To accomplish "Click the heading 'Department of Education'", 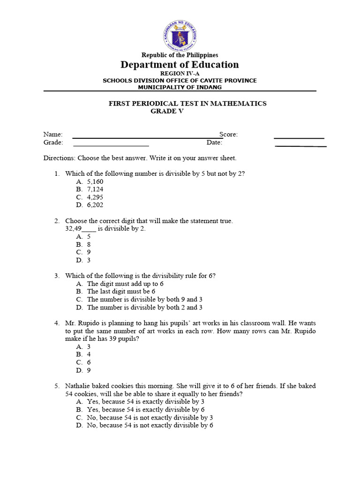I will tap(180, 65).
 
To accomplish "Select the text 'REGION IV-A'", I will tap(180, 74).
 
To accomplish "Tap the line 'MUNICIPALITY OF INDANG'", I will tap(180, 87).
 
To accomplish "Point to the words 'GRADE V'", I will tap(167, 111).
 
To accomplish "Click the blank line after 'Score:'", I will tap(299, 137).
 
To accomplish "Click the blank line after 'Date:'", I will tap(300, 146).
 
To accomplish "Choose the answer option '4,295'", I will tap(95, 197).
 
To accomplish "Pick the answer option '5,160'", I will tap(95, 182).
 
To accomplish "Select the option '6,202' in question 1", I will tap(95, 205).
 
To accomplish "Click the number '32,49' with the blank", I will tap(73, 229).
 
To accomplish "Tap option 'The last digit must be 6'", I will tap(121, 292).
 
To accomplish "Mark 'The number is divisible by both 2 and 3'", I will tap(144, 307).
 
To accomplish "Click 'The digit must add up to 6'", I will tap(125, 284).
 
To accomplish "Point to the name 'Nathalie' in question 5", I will tap(77, 386).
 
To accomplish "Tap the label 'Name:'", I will tap(53, 135).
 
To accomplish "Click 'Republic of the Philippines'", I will tap(180, 55).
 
